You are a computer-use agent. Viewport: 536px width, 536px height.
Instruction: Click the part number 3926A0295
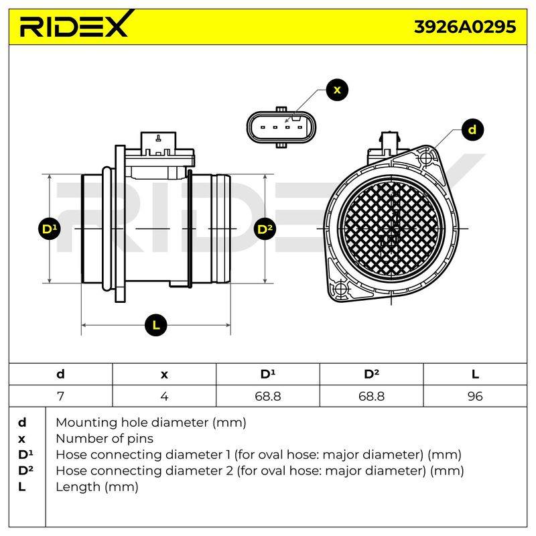465,27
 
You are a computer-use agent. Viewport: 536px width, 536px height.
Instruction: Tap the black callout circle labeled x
337,90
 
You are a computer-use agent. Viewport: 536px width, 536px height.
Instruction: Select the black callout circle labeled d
472,129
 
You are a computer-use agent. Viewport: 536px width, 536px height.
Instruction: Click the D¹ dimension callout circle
50,228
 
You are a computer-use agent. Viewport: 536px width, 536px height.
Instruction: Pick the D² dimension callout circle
265,228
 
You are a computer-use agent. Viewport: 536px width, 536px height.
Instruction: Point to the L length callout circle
156,325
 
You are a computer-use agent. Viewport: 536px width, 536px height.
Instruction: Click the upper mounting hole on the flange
426,158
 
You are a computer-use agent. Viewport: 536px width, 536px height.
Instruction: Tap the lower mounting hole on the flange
340,289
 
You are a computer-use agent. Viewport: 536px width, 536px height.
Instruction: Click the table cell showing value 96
475,396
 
